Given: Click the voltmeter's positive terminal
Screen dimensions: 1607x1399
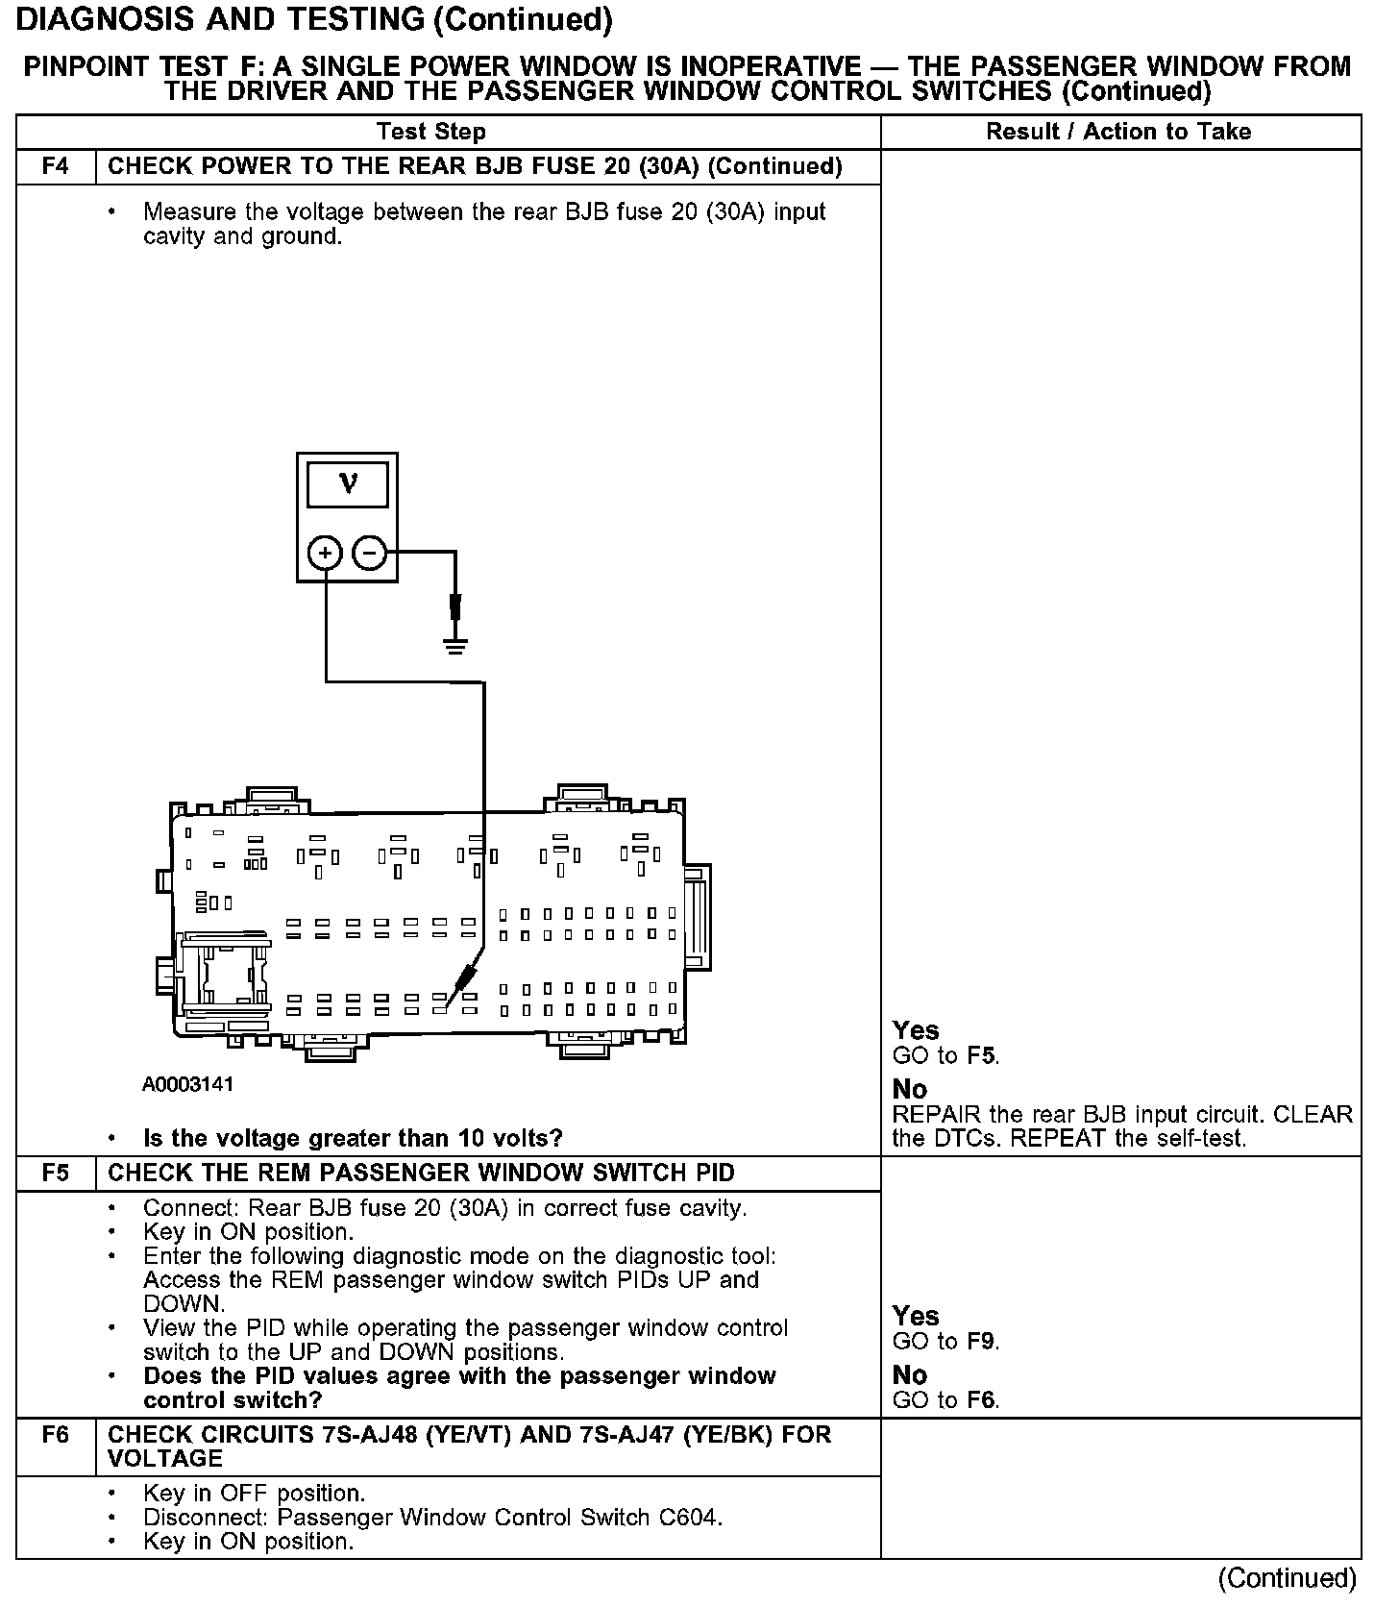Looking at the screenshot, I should point(325,553).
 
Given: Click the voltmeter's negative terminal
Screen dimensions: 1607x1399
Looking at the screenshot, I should point(370,553).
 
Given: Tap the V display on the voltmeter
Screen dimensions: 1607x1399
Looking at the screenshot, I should point(348,484).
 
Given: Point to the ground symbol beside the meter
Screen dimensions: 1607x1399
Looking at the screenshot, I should point(455,645).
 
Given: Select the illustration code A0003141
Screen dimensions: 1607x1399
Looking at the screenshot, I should point(188,1084).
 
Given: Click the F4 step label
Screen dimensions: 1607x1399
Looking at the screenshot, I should point(56,166).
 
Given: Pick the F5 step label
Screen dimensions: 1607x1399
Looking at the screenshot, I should point(56,1173).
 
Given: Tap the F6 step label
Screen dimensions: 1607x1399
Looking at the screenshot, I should point(56,1435).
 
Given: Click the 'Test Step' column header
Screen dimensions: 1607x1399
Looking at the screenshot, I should point(431,132).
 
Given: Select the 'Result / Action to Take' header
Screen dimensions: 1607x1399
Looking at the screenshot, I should point(1118,132).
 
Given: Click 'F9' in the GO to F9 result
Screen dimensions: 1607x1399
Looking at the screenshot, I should point(981,1341).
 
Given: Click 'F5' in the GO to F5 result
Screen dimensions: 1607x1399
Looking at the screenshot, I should point(981,1055).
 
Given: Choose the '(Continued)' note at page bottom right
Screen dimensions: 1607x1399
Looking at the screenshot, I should point(1287,1578).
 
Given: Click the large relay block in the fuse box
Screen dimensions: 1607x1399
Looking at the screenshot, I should point(227,976).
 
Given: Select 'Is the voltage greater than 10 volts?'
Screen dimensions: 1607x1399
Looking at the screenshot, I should point(353,1139).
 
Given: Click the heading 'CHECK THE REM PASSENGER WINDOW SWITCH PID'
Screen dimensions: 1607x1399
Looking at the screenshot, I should point(421,1173).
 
